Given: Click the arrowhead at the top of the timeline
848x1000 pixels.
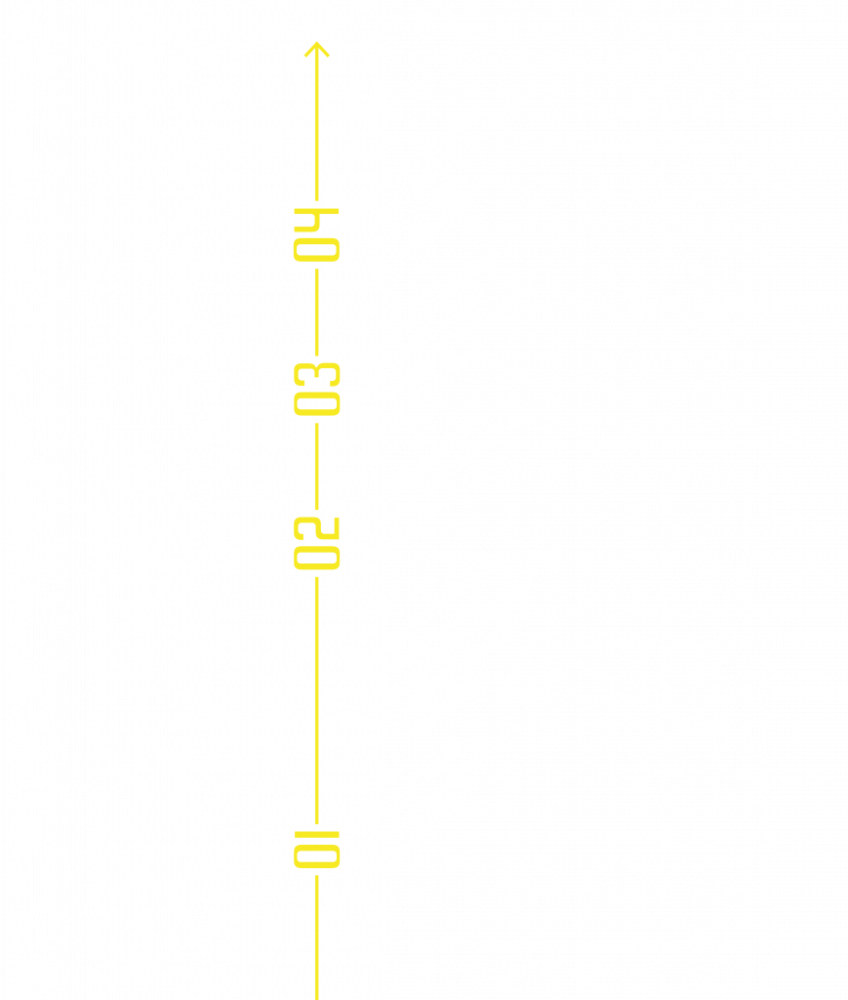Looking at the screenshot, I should pyautogui.click(x=316, y=49).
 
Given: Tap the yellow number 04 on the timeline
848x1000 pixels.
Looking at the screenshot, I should pyautogui.click(x=317, y=234).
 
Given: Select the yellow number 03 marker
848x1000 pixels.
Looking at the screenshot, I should pyautogui.click(x=317, y=389).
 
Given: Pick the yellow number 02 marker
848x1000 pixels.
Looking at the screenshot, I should pyautogui.click(x=317, y=542).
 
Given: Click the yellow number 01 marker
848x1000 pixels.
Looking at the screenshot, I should pyautogui.click(x=317, y=849).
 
